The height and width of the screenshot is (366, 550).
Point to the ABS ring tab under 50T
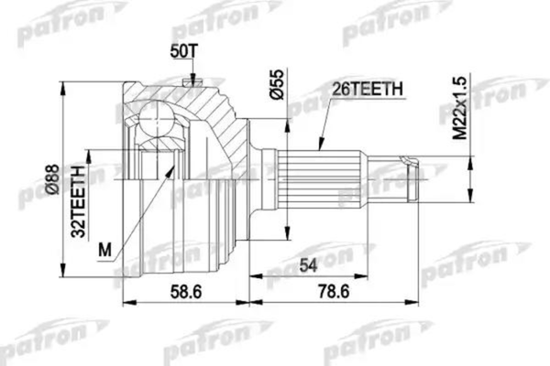192,86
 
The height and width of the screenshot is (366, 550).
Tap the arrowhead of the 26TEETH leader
318,145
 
